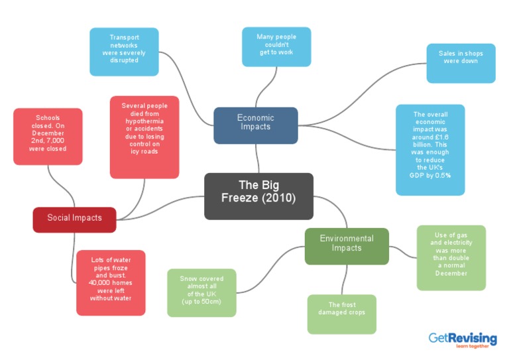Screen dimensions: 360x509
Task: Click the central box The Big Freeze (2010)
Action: pos(258,196)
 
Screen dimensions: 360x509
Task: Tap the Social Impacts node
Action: pos(74,219)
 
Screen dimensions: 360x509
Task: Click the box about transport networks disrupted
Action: pos(124,51)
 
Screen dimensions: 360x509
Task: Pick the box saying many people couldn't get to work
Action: pos(276,46)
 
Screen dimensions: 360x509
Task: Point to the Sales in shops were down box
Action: pos(461,63)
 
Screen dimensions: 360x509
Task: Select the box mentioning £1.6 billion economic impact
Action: pos(429,149)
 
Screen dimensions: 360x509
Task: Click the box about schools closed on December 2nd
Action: pos(48,136)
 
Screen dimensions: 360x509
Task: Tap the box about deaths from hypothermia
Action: pos(144,137)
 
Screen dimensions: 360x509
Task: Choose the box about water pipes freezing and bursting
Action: pos(111,282)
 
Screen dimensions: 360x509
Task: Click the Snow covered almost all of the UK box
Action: pos(201,292)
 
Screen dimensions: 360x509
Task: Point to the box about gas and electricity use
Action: pos(451,257)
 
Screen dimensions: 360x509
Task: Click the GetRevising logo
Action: pos(462,339)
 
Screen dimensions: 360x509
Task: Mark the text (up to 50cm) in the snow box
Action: pos(201,302)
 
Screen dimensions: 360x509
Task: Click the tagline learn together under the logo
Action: pos(471,347)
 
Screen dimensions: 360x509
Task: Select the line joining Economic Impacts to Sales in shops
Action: pos(371,93)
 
